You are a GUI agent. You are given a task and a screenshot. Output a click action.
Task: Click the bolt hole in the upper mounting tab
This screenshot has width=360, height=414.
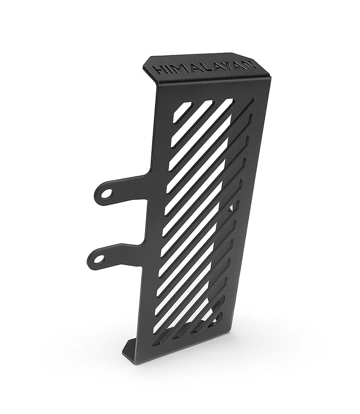[107, 194]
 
